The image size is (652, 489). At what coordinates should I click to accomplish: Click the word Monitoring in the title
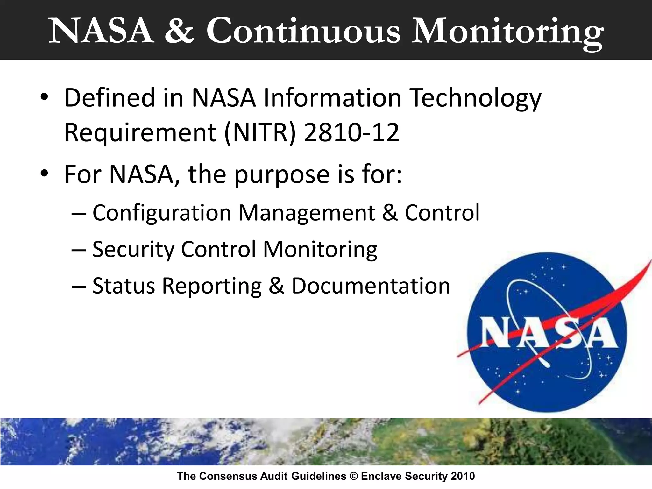pos(507,32)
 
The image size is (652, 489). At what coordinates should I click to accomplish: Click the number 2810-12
pos(351,132)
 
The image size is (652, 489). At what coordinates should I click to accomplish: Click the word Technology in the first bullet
pos(475,98)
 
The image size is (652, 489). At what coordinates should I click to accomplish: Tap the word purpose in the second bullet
pos(282,175)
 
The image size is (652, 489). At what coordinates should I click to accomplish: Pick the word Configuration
pos(162,213)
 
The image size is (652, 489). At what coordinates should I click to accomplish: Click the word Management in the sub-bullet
pos(307,213)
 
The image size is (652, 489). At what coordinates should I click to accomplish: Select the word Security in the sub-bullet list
pos(133,249)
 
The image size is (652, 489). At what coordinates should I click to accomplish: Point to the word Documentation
pos(371,286)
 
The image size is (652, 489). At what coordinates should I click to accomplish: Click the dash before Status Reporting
pos(79,286)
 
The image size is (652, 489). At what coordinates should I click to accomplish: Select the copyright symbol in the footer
pos(353,476)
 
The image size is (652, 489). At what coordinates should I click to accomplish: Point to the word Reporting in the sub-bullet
pos(212,286)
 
